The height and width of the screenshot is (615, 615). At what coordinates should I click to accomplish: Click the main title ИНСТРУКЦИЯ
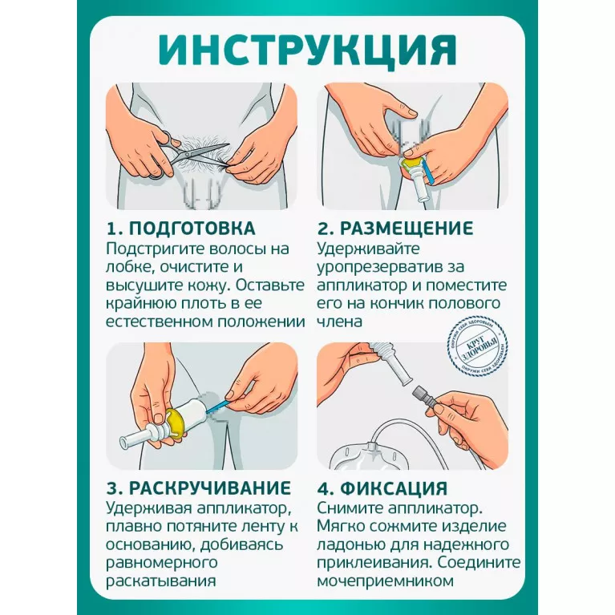click(x=308, y=51)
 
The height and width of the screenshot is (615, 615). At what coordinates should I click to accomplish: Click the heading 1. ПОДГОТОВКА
click(x=181, y=229)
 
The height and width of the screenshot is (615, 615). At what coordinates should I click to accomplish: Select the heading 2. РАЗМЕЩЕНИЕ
click(x=395, y=229)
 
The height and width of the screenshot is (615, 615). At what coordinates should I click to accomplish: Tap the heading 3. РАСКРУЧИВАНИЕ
click(x=199, y=488)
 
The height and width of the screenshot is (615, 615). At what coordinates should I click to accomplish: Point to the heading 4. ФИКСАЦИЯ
click(x=382, y=488)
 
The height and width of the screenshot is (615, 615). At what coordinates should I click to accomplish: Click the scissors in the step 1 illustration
click(x=185, y=154)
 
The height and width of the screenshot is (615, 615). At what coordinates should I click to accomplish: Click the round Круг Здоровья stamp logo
click(x=478, y=346)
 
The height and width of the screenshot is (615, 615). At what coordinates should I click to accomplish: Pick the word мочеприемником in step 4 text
click(x=385, y=581)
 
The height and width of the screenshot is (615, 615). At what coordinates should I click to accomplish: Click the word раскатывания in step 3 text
click(x=161, y=581)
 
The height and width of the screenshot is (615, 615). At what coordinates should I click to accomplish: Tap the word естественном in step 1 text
click(x=159, y=322)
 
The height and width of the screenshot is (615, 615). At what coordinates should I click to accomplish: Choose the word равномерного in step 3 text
click(x=162, y=563)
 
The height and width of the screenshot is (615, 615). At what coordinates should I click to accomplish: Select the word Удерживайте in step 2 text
click(x=368, y=249)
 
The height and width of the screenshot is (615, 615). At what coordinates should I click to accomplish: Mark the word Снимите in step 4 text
click(x=350, y=508)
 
